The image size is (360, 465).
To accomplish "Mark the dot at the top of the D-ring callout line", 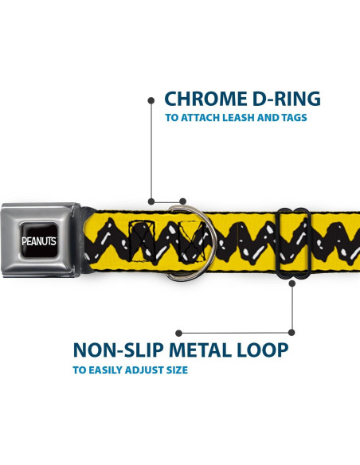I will tap(151, 100).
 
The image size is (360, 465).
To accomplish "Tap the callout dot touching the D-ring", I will tap(183, 201).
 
